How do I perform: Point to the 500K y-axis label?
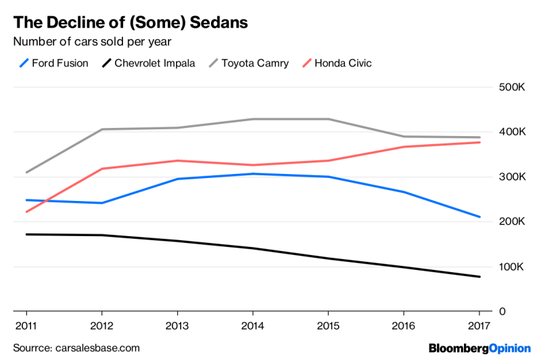512,88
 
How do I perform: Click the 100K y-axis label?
512,267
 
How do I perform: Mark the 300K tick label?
512,177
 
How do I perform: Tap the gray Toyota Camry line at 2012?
102,129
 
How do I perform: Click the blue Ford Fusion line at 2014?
253,174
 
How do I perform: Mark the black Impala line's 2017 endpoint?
479,277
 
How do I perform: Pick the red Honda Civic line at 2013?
178,160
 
